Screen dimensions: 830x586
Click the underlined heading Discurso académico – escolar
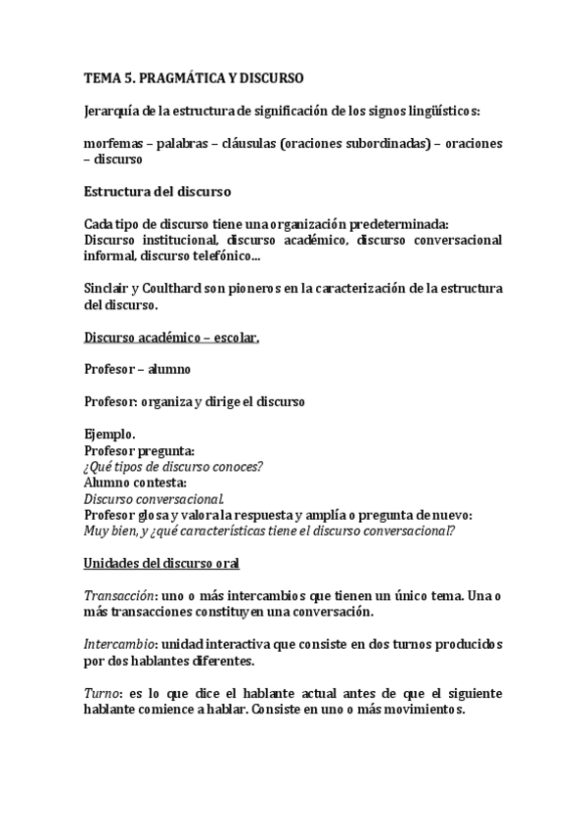(171, 337)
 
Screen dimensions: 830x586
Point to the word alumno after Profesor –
(170, 369)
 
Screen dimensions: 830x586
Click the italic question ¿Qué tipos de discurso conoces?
(173, 466)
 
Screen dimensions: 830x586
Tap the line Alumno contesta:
(135, 482)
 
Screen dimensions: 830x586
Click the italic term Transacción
(117, 595)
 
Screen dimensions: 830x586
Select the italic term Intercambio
(118, 644)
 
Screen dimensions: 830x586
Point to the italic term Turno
(101, 692)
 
